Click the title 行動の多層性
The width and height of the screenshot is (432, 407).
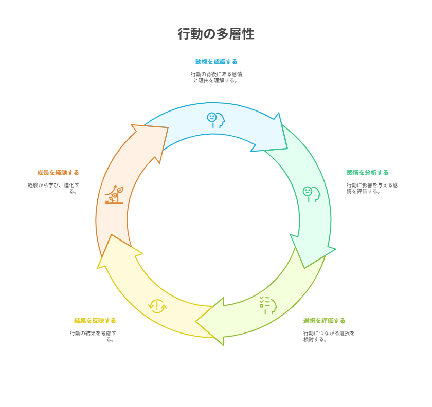[215, 34]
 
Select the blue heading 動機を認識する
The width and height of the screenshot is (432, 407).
[217, 61]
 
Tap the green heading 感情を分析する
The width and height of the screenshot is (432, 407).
[368, 173]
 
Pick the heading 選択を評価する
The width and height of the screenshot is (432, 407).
[325, 321]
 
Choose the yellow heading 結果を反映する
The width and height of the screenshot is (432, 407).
[95, 321]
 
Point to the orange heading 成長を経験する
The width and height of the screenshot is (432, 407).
[58, 173]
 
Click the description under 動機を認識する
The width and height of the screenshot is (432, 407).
[217, 78]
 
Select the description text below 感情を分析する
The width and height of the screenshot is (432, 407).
[372, 189]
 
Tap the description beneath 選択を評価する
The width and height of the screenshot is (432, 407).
[329, 336]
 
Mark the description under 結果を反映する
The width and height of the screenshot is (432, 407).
[93, 336]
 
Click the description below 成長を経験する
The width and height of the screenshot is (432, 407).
[53, 189]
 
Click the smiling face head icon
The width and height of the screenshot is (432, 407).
[216, 120]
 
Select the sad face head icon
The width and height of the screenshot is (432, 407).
[312, 194]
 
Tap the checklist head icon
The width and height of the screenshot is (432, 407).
[268, 305]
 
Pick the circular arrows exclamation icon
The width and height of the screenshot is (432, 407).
[157, 306]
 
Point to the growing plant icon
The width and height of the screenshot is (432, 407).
[114, 194]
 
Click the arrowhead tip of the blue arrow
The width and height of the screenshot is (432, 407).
[287, 149]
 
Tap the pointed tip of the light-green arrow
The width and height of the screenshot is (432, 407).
[195, 321]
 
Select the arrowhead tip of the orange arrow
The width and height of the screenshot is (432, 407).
[168, 127]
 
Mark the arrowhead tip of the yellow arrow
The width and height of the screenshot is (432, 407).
[111, 235]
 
